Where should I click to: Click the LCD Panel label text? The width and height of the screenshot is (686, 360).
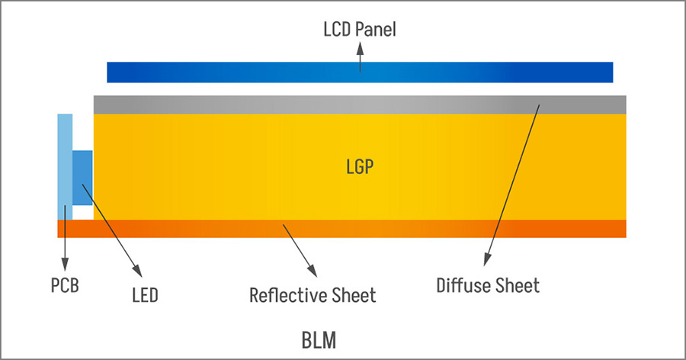[360, 29]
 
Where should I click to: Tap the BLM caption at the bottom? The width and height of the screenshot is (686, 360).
[319, 340]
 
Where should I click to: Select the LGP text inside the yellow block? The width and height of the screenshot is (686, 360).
[360, 167]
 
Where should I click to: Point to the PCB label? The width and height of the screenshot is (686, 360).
[65, 285]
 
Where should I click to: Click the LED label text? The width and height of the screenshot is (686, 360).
[145, 295]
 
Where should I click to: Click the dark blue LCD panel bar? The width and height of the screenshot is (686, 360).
[360, 72]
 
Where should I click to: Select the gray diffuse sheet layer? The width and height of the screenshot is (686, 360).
[360, 104]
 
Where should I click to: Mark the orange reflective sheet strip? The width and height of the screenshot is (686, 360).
[341, 229]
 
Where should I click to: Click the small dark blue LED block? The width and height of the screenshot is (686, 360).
[82, 178]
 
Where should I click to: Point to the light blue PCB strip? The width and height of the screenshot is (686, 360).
[65, 166]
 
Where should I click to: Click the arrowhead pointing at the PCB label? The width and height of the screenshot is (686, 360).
[65, 265]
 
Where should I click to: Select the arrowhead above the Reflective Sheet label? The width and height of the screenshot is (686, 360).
[312, 271]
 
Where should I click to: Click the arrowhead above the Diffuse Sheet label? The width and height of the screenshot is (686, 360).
[486, 260]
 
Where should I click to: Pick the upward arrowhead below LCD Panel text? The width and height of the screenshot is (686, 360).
[360, 48]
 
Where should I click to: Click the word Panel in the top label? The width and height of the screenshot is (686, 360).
[375, 29]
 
